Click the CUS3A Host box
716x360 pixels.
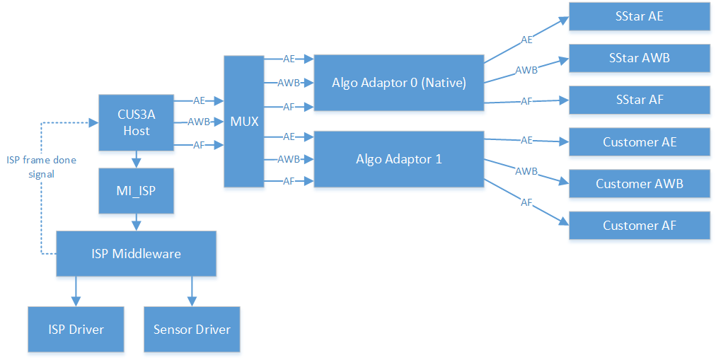pyautogui.click(x=136, y=122)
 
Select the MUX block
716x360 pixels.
pyautogui.click(x=243, y=121)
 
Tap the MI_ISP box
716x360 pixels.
pyautogui.click(x=136, y=191)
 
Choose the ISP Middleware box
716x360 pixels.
pyautogui.click(x=136, y=253)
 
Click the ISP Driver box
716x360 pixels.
pyautogui.click(x=76, y=329)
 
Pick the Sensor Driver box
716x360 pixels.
pyautogui.click(x=192, y=329)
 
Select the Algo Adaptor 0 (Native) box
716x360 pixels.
pyautogui.click(x=398, y=83)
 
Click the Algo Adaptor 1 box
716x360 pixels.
pyautogui.click(x=398, y=159)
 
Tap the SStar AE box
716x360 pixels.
pyautogui.click(x=640, y=16)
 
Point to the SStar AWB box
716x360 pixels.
pyautogui.click(x=640, y=58)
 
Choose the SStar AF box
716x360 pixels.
pyautogui.click(x=640, y=100)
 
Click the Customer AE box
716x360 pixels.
pyautogui.click(x=640, y=142)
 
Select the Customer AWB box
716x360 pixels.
pyautogui.click(x=640, y=184)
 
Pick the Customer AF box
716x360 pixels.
pyautogui.click(x=640, y=226)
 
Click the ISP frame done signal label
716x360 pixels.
pyautogui.click(x=41, y=167)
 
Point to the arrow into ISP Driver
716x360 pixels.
pyautogui.click(x=76, y=291)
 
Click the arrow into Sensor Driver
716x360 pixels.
pyautogui.click(x=191, y=291)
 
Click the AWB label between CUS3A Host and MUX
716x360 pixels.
pyautogui.click(x=198, y=122)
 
